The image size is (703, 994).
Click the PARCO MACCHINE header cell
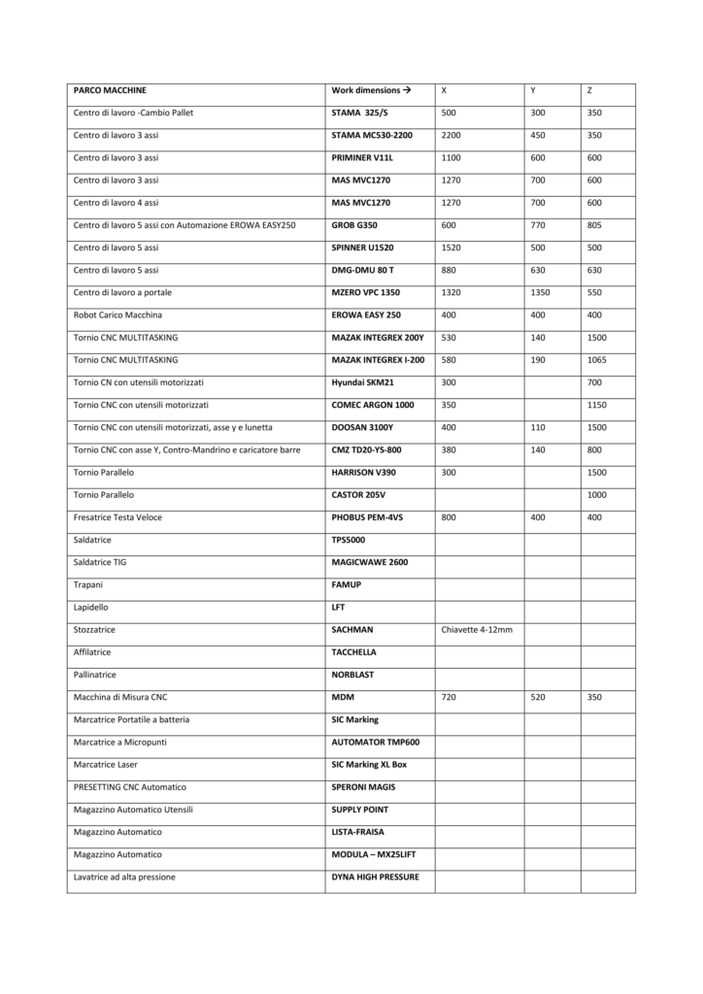coord(111,90)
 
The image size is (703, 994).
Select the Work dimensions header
coord(371,90)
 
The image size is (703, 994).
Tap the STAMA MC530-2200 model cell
coord(372,135)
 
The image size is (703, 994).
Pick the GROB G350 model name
coord(354,225)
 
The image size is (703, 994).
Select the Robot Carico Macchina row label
coord(117,315)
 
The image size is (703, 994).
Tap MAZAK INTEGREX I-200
coord(378,360)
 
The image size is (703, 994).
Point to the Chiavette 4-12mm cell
coord(477,630)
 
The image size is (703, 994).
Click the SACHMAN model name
coord(351,630)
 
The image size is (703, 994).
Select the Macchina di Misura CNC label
coord(127,698)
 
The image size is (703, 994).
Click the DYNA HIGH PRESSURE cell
coord(375,878)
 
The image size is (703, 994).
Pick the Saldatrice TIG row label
coord(99,563)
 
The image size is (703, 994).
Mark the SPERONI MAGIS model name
coord(363,787)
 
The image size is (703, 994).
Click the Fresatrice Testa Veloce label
coord(117,517)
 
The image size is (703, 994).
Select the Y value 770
coord(538,225)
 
